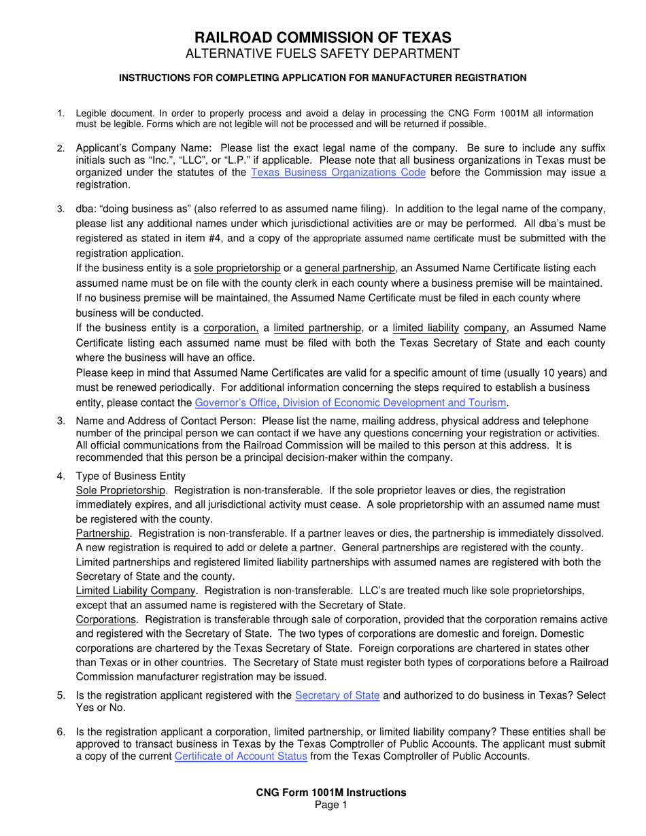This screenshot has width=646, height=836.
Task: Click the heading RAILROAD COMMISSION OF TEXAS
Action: (x=323, y=37)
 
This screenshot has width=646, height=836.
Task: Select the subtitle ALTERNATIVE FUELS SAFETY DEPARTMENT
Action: (x=323, y=54)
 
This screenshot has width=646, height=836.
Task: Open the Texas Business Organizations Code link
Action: (x=339, y=173)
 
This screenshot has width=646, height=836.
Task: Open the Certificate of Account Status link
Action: (x=241, y=756)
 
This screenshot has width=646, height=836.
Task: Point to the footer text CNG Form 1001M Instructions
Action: (x=331, y=793)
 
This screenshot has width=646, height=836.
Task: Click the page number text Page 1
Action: (x=331, y=805)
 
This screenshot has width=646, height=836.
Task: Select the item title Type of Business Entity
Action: (x=131, y=476)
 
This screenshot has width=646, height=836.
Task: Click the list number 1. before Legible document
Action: (x=61, y=114)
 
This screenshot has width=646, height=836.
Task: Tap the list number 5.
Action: (x=61, y=695)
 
